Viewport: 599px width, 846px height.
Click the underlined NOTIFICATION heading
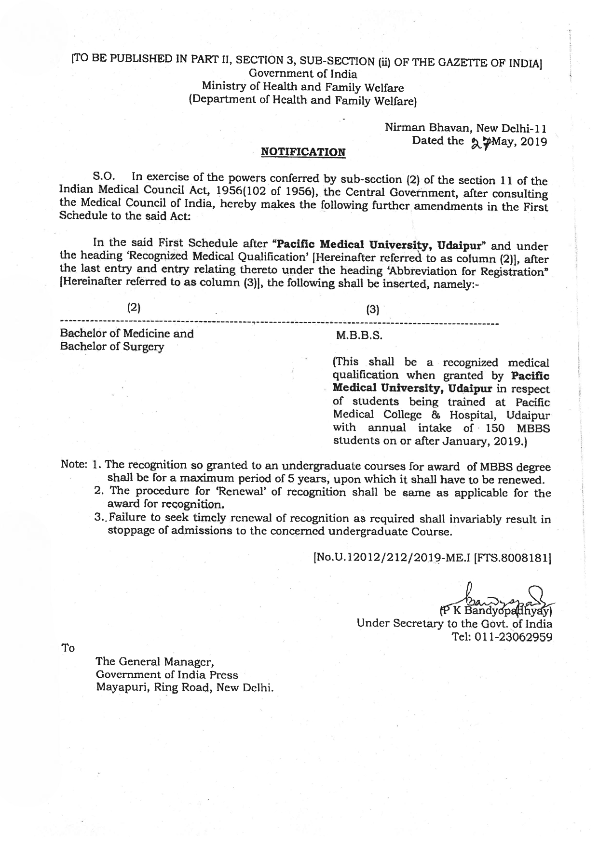pos(303,152)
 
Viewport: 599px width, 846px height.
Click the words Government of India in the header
pos(303,74)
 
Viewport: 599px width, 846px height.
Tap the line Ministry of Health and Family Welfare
pos(303,87)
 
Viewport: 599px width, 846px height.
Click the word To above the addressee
pos(68,648)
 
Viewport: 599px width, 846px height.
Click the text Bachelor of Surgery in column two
pos(112,347)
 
